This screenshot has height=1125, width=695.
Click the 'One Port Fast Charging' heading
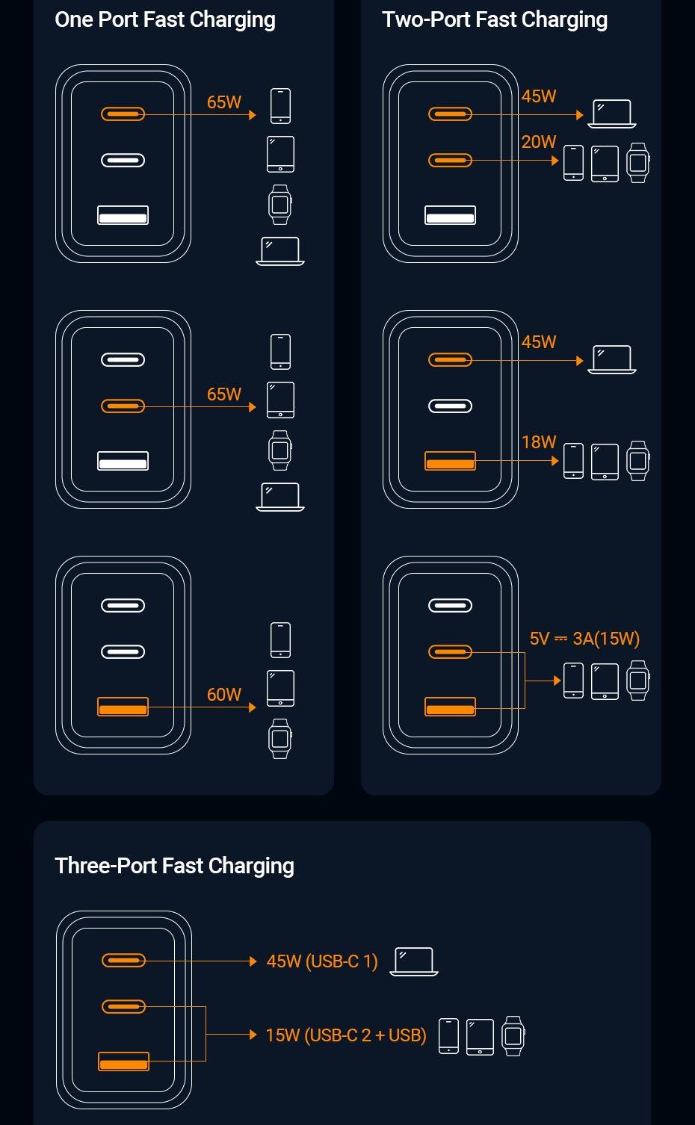pos(165,20)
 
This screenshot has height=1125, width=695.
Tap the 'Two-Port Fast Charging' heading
pos(494,20)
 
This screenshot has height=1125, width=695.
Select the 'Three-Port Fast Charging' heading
pos(174,866)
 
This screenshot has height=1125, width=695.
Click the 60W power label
pos(224,695)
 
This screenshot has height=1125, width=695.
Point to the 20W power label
pos(539,142)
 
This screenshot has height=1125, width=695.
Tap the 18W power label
pos(539,442)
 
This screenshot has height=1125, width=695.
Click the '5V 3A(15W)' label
pos(584,639)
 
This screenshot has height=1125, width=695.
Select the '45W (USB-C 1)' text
pos(322,961)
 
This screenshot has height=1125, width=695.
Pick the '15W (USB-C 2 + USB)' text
pos(346,1035)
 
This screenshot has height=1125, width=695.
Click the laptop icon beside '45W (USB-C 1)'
pos(414,961)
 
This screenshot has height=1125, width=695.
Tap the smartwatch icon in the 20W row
pos(637,163)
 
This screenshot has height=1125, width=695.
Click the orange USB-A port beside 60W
pos(123,707)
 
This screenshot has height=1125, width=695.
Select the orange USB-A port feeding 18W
pos(450,461)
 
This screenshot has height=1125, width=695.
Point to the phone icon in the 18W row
pos(573,461)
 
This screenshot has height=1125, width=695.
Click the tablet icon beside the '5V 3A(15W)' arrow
pos(605,681)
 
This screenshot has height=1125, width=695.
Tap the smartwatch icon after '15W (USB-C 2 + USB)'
pos(513,1035)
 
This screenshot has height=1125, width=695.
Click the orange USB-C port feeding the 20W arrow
pos(450,161)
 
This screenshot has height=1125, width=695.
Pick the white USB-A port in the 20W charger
pos(450,216)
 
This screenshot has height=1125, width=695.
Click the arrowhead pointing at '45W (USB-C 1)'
pos(253,961)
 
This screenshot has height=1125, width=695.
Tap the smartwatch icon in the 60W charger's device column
pos(280,739)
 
